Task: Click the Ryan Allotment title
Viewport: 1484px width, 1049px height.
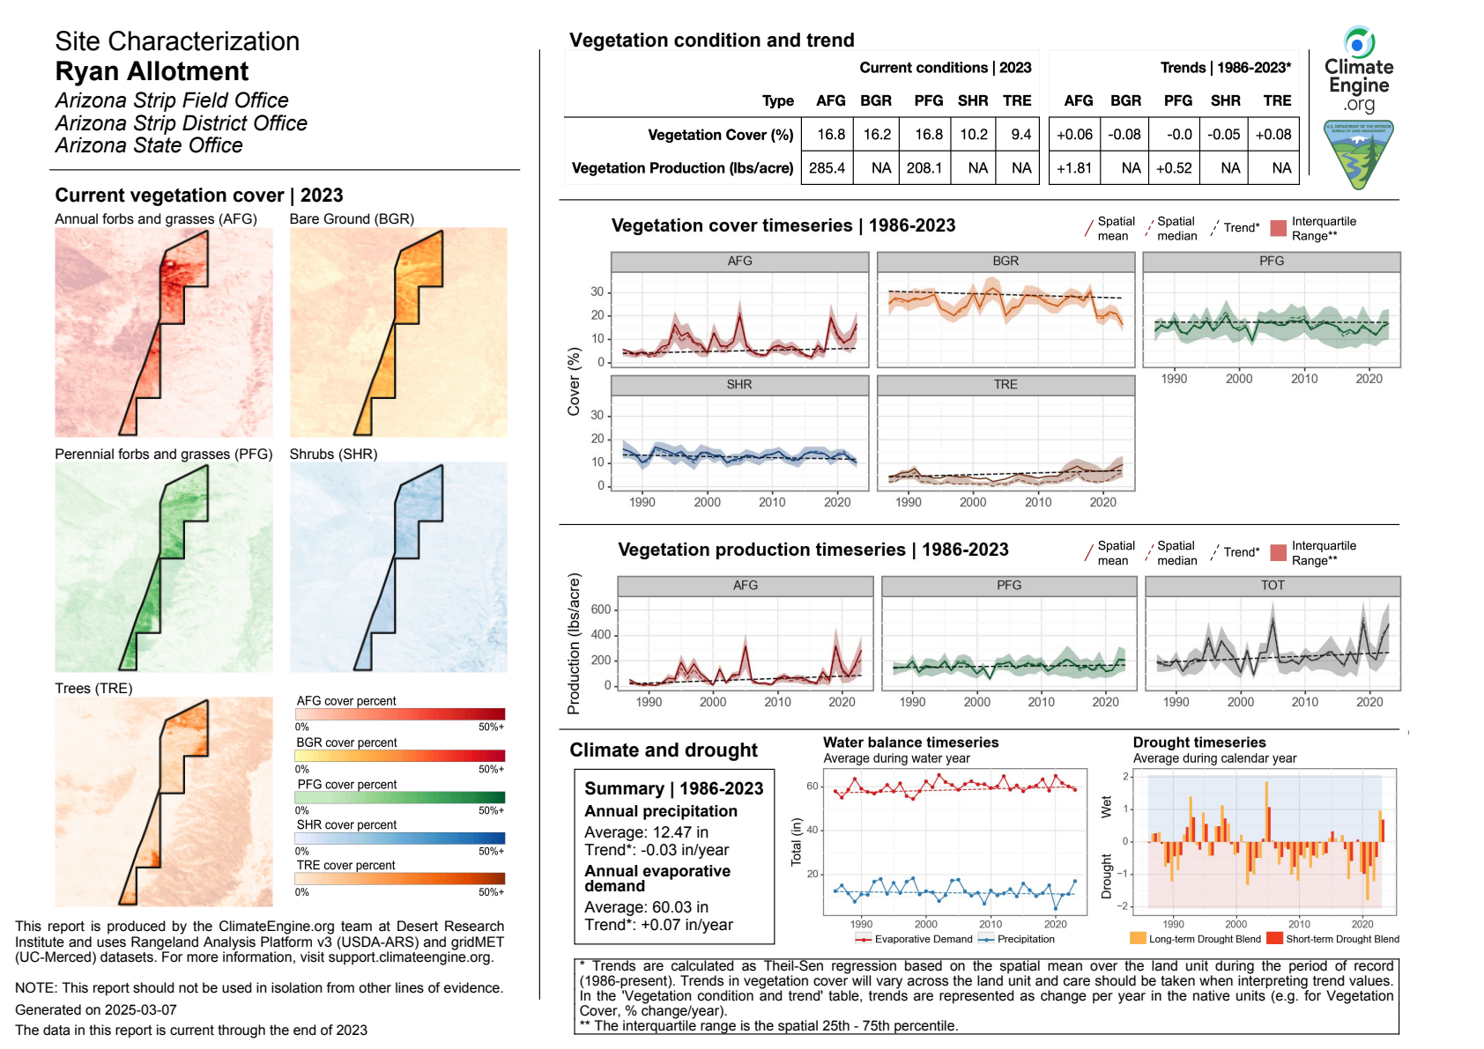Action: click(x=152, y=71)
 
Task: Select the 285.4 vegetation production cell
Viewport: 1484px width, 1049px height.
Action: click(x=827, y=167)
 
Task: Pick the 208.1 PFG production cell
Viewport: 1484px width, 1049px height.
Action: click(x=924, y=167)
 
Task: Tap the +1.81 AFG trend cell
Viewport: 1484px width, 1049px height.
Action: click(x=1074, y=167)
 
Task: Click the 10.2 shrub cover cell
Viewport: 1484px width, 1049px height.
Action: click(x=973, y=135)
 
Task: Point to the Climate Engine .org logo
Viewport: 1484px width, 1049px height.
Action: click(x=1359, y=70)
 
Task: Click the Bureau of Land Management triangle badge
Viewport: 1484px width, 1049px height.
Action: click(x=1359, y=155)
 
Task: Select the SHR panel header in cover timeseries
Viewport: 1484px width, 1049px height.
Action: click(x=739, y=385)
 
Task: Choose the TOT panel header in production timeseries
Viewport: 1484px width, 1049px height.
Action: click(x=1273, y=586)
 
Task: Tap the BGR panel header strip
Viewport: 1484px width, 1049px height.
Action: click(x=1005, y=262)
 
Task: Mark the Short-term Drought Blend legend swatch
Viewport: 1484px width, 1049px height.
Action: click(x=1274, y=939)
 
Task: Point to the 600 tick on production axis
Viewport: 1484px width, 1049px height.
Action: click(x=601, y=609)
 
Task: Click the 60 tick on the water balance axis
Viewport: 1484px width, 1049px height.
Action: click(x=812, y=787)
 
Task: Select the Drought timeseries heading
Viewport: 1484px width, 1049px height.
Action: click(x=1198, y=742)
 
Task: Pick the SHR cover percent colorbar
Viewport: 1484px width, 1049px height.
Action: click(x=400, y=838)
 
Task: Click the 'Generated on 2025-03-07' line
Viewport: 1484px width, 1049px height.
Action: click(x=96, y=1009)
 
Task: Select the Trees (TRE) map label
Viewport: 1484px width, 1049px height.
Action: click(x=93, y=688)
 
